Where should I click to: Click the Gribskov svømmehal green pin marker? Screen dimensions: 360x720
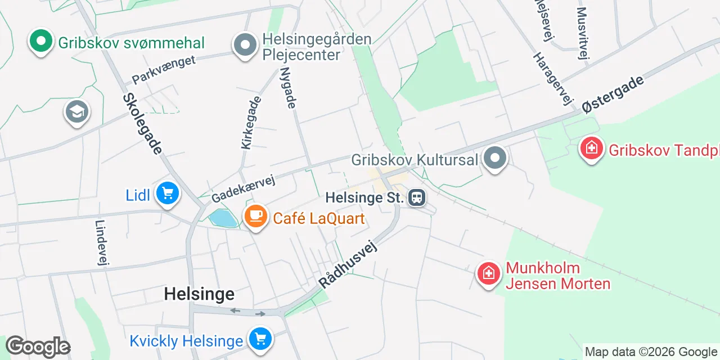point(40,42)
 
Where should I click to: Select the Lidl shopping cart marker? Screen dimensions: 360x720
point(167,194)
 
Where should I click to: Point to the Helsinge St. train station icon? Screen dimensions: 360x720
point(417,197)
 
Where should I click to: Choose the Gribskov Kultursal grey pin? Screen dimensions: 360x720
point(495,159)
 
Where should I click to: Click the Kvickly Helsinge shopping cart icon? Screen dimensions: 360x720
point(260,339)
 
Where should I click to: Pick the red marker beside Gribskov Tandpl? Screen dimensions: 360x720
point(592,149)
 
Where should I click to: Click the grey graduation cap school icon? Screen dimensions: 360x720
point(77,112)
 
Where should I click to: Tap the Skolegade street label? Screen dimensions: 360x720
point(142,123)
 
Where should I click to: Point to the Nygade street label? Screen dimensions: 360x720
point(288,88)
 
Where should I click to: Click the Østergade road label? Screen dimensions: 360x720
point(613,94)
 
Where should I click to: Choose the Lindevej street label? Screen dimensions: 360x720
point(102,242)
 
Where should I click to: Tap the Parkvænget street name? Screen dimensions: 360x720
point(164,69)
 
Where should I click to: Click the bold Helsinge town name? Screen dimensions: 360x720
point(199,294)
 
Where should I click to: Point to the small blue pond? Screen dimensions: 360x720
point(223,218)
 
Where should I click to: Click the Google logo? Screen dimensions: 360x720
point(38,347)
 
